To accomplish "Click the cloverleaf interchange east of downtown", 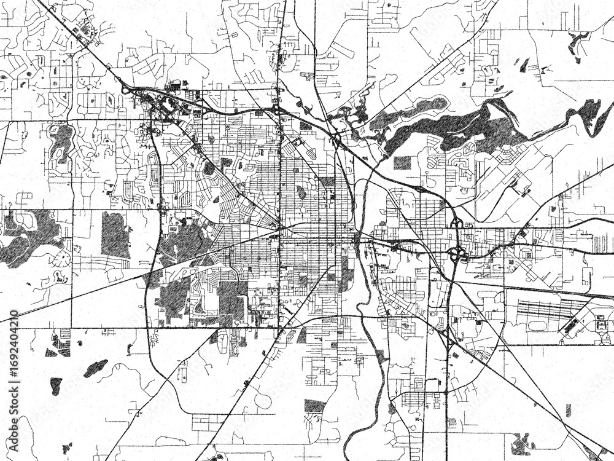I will [x=456, y=252].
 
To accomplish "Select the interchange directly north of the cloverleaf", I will [x=456, y=223].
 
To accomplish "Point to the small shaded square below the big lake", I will [x=402, y=162].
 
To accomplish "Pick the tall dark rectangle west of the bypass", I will [x=115, y=234].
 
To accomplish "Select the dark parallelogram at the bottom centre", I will [x=314, y=406].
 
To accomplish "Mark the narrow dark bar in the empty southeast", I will [x=567, y=410].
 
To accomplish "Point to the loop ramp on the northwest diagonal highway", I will [x=127, y=90].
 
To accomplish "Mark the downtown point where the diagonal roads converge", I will [x=279, y=228].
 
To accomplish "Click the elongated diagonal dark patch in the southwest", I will [x=95, y=368].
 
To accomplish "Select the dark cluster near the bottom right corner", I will [x=522, y=443].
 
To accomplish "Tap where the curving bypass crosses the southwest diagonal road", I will [x=152, y=270].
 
